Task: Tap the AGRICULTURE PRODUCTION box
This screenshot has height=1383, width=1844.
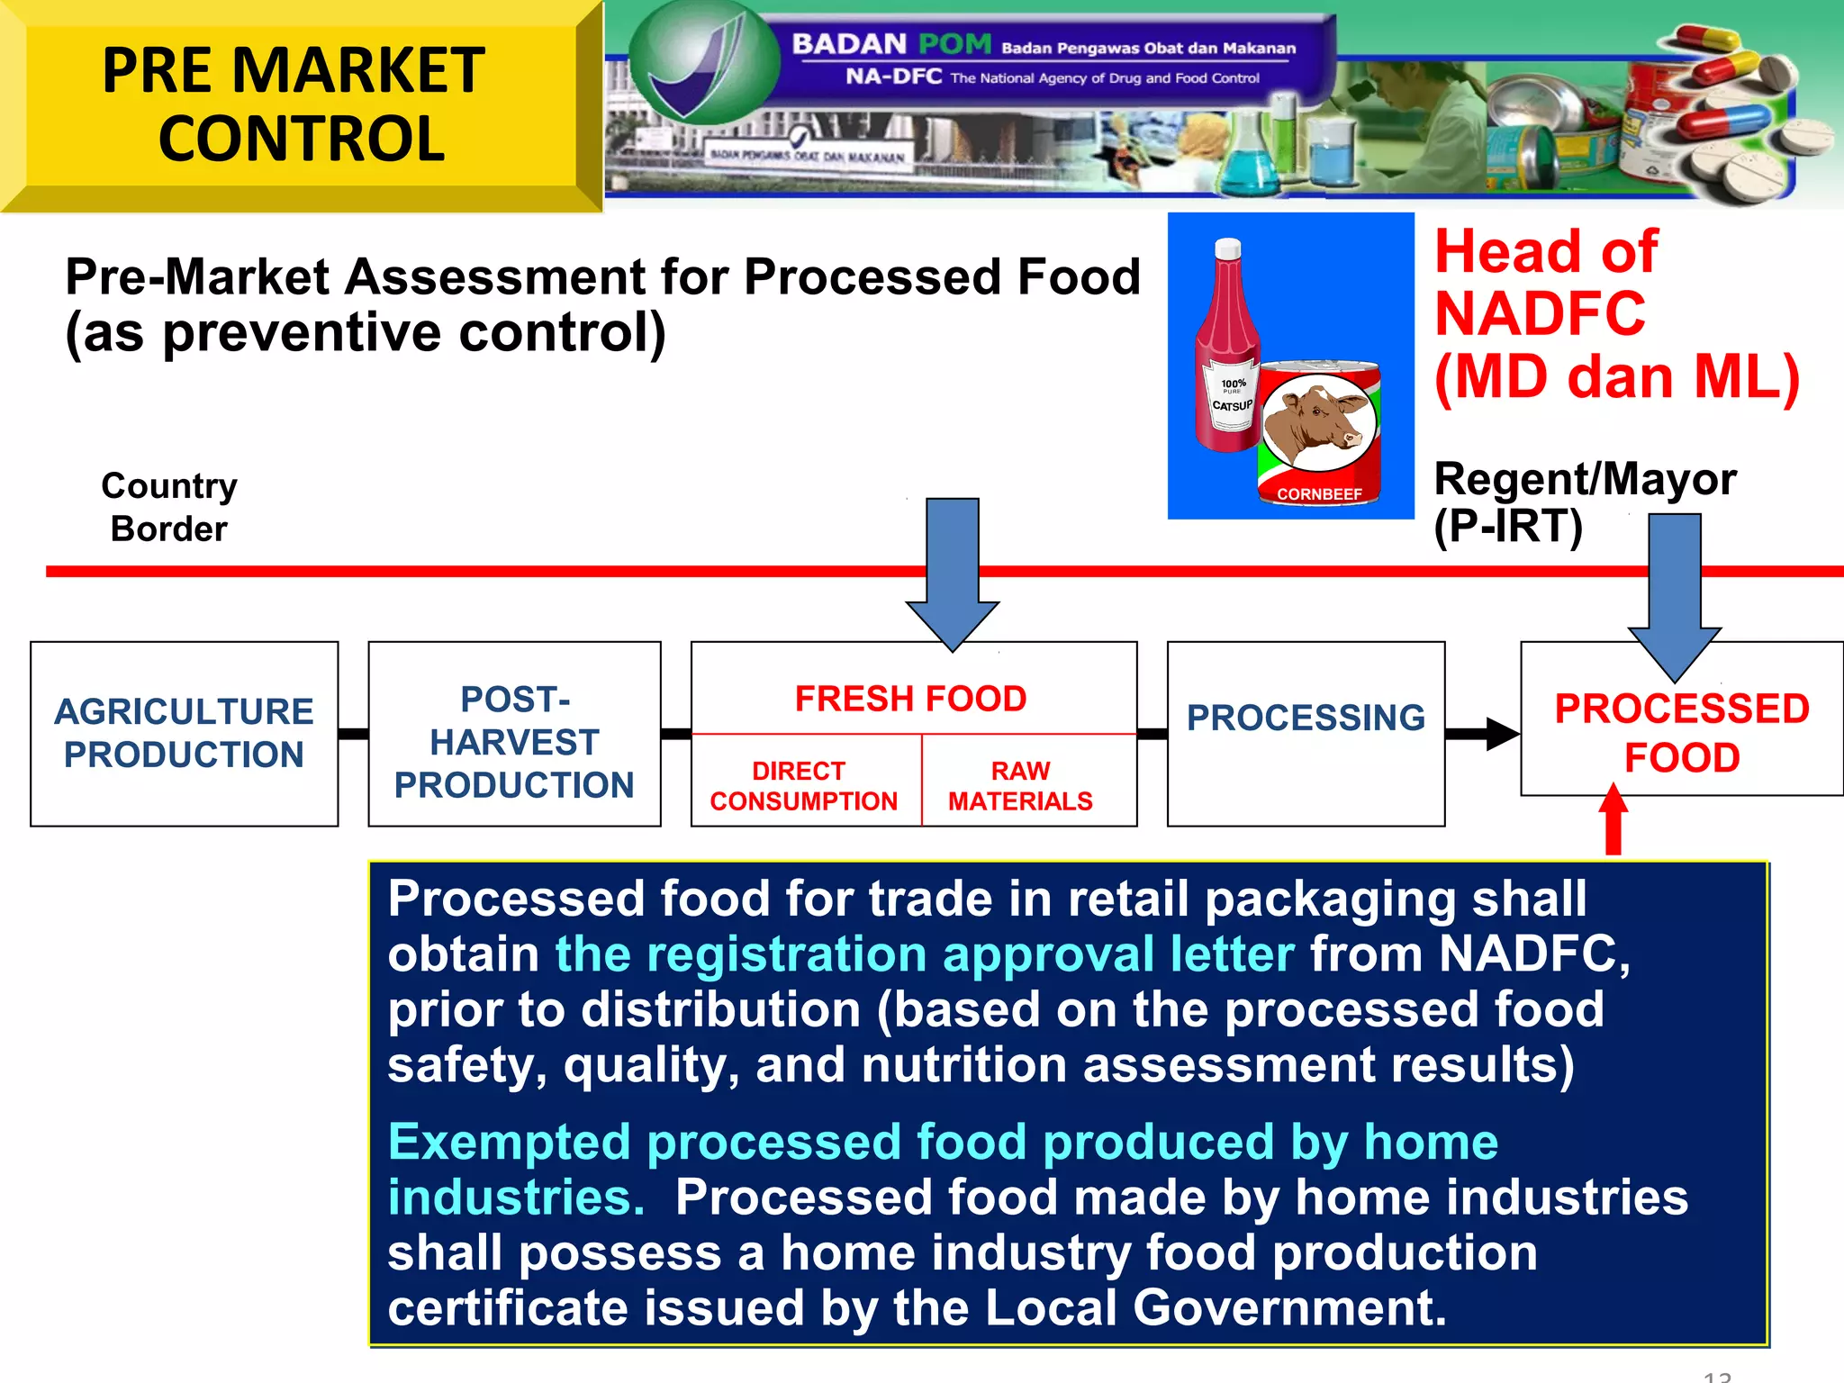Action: click(x=184, y=733)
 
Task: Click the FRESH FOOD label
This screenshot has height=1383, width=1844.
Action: click(x=910, y=699)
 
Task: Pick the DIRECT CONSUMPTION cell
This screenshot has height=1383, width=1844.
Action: click(x=804, y=785)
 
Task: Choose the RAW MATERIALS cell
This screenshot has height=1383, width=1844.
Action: click(x=1020, y=785)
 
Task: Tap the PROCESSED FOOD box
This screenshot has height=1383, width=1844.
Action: click(x=1681, y=733)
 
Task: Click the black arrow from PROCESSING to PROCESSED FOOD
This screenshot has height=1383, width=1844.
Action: click(x=1482, y=734)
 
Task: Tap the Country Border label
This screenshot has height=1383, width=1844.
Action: click(x=169, y=507)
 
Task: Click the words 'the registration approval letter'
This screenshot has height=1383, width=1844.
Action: click(x=925, y=954)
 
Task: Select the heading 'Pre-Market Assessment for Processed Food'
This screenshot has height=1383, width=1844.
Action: click(x=602, y=276)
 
